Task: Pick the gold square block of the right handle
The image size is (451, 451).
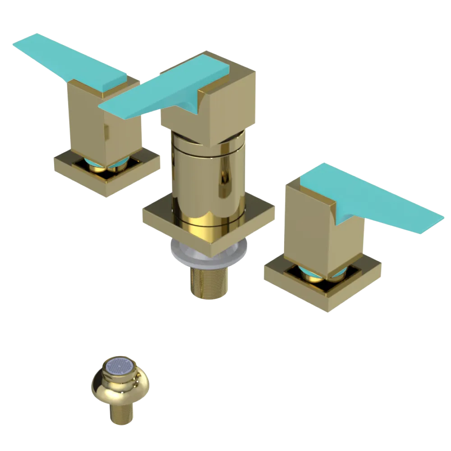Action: pos(311,225)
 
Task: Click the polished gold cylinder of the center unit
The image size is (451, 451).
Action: pos(207,180)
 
